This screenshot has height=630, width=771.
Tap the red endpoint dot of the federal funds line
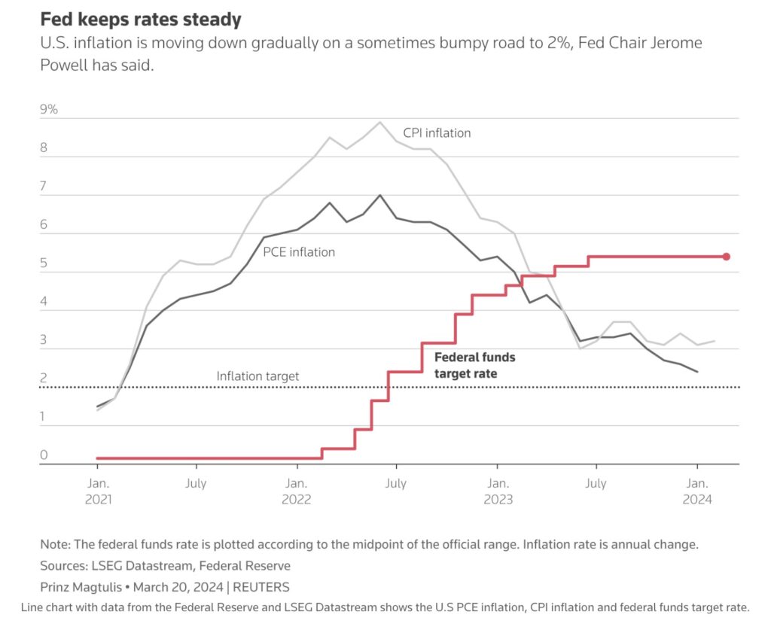[x=727, y=257]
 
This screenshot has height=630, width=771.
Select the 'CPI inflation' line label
[x=437, y=133]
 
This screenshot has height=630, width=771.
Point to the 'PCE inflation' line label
[x=299, y=252]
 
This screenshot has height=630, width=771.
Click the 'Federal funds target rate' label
[x=475, y=365]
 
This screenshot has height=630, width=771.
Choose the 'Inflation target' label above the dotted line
[x=258, y=376]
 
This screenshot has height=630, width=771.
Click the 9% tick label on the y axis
[x=49, y=110]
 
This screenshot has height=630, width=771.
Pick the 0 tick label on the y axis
[x=44, y=455]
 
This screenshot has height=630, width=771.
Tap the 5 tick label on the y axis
[x=44, y=263]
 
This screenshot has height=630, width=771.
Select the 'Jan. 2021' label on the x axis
[x=97, y=491]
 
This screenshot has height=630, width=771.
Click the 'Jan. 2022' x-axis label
[x=296, y=491]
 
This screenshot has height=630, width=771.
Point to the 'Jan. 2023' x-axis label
[x=497, y=491]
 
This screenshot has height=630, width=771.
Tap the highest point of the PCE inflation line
[x=379, y=195]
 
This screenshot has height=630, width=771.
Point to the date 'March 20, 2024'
[x=177, y=586]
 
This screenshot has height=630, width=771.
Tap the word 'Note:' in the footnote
[x=56, y=544]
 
